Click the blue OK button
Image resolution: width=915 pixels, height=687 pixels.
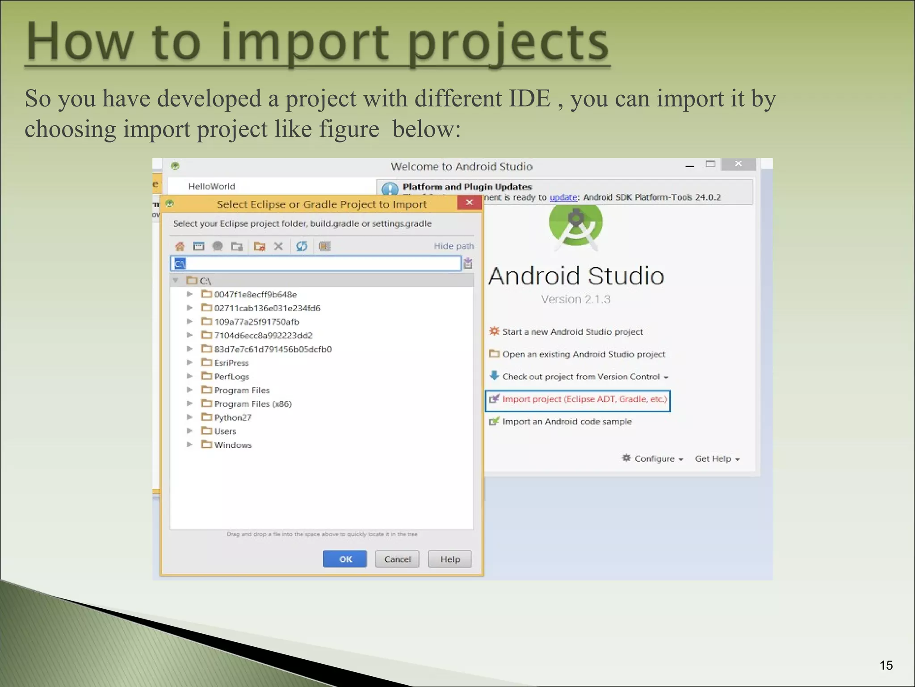coord(344,559)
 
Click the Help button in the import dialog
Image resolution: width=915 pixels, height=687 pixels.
coord(449,559)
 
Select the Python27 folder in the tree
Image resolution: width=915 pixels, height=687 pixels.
coord(232,418)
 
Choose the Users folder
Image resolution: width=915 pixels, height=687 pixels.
coord(225,431)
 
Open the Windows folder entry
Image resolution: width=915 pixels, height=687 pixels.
coord(232,445)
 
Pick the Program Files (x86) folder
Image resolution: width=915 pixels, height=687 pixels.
coord(252,404)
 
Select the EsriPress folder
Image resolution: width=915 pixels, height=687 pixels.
coord(231,363)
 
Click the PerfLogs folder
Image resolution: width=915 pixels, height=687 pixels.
coord(231,377)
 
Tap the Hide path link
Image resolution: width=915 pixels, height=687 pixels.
coord(453,246)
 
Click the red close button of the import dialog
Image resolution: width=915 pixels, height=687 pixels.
coord(469,203)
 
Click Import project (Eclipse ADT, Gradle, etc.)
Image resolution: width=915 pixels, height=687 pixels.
coord(584,399)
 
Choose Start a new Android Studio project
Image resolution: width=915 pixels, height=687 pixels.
coord(572,332)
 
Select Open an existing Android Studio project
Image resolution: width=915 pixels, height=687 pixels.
coord(583,354)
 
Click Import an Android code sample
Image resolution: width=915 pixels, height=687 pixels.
coord(567,422)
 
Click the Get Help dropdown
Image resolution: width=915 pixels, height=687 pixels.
coord(717,459)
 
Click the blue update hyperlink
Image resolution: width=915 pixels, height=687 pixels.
coord(563,198)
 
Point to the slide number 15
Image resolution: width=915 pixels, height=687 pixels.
coord(886,666)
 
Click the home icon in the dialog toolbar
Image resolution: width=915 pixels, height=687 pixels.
coord(180,246)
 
